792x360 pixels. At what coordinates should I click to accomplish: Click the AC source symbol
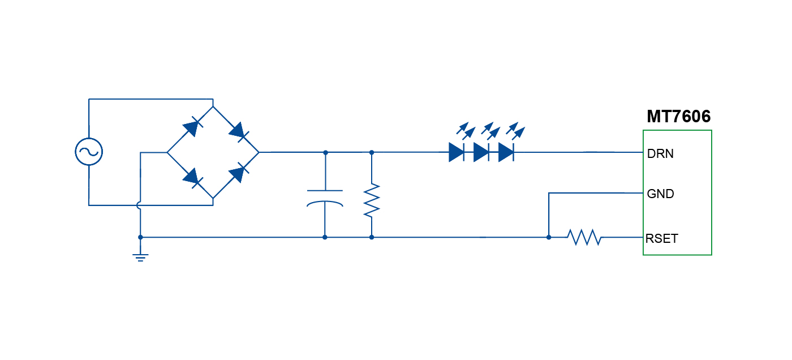89,152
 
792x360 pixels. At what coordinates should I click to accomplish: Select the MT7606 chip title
678,117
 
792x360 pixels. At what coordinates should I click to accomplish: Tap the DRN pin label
660,153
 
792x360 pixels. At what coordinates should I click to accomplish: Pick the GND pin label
660,194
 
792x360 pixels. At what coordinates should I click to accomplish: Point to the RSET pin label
661,238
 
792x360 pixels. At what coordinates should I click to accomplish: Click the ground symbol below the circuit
140,257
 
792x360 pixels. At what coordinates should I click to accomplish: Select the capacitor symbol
325,198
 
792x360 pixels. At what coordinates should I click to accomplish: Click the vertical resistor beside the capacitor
371,200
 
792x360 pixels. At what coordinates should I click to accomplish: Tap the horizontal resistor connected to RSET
584,237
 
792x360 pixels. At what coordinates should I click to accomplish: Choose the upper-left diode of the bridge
191,128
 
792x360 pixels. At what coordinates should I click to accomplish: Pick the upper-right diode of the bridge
238,131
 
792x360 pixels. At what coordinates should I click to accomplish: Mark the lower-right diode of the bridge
238,174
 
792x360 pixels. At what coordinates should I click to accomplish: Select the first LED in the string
456,152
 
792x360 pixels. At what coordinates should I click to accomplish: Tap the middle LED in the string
481,152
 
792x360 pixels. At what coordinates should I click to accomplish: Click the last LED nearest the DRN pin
506,152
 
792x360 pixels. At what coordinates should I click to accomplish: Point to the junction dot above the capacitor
325,152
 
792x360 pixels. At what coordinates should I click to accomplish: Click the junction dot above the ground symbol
140,237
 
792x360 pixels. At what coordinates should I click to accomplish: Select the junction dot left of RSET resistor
549,237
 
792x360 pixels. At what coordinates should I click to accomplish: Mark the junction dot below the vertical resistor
371,237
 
